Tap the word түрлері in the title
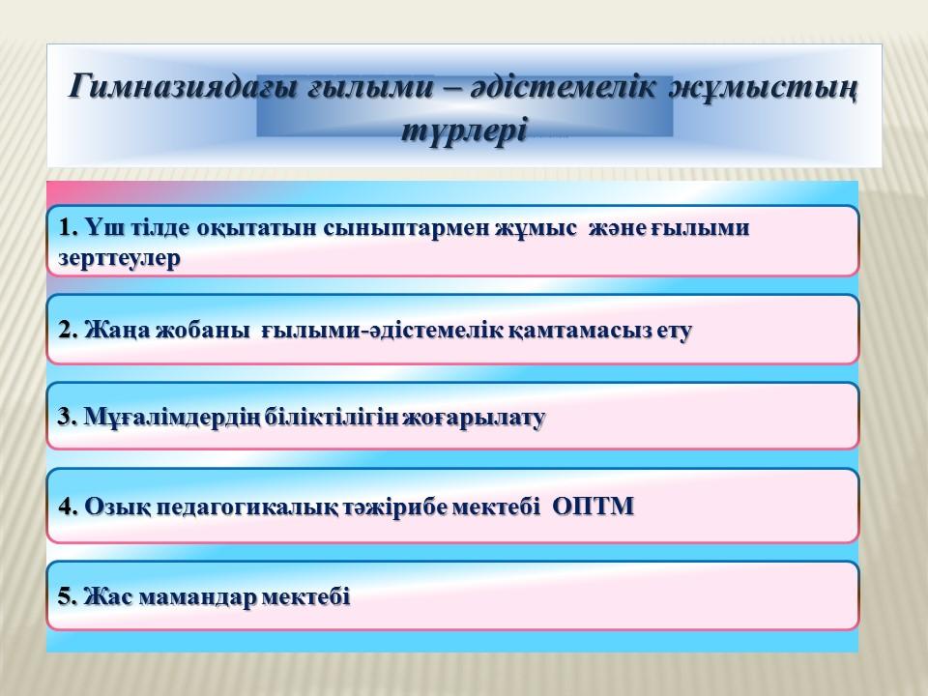click(x=464, y=129)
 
